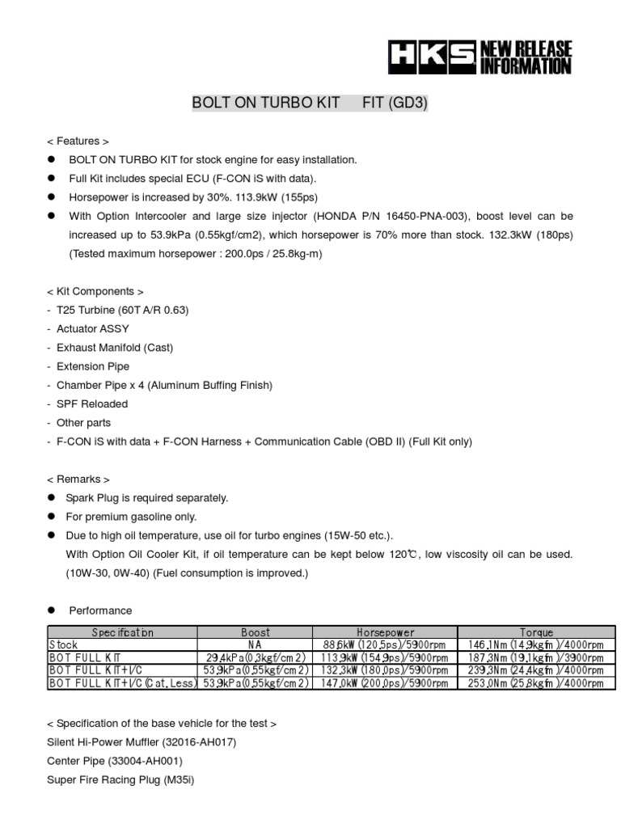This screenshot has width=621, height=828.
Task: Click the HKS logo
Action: pos(430,58)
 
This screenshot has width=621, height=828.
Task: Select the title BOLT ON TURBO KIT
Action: pos(265,104)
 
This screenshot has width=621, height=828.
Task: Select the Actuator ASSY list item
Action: pos(92,329)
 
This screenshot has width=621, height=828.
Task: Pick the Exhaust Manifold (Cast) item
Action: pos(115,348)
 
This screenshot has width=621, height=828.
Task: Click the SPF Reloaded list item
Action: pos(92,403)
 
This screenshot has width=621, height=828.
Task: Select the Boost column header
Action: pos(256,632)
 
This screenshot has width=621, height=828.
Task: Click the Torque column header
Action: pos(536,632)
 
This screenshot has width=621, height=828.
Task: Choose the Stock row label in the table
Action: pos(64,645)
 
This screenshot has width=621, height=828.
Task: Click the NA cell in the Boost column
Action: pos(256,645)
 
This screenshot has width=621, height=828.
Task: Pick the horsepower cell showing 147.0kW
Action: pos(385,683)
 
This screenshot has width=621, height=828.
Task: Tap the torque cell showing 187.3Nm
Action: pos(536,658)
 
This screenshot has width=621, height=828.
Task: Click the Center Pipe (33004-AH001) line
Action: pos(116,761)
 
